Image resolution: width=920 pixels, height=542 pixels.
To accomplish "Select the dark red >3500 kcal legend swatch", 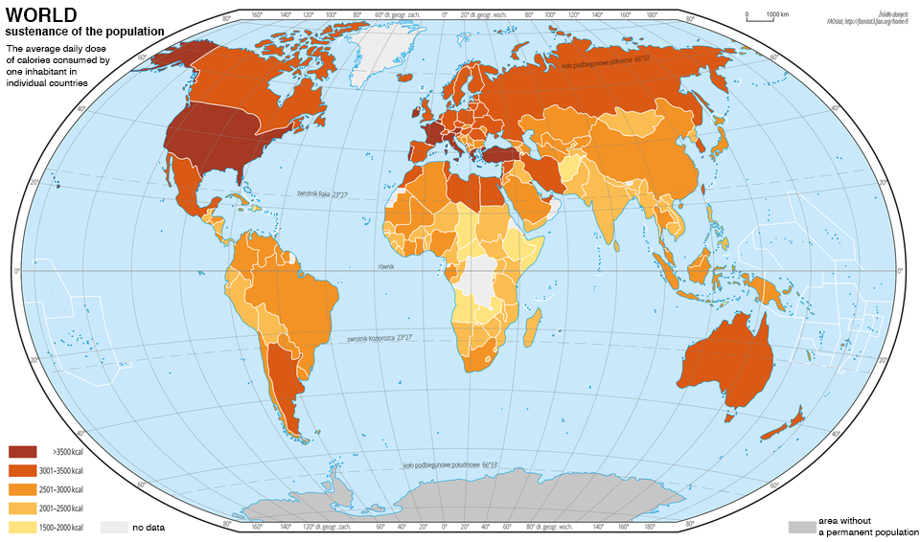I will [x=22, y=451].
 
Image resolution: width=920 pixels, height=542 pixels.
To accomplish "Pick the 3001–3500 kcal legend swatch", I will [x=22, y=470].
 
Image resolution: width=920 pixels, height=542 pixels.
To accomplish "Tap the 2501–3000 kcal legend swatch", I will [x=22, y=489].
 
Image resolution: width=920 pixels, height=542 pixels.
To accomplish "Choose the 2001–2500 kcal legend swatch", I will [x=22, y=508].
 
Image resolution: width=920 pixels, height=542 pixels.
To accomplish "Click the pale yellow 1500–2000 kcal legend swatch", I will [x=22, y=528].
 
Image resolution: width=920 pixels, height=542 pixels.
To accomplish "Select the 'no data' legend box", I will [x=114, y=528].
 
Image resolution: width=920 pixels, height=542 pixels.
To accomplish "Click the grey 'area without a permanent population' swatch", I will [x=801, y=528].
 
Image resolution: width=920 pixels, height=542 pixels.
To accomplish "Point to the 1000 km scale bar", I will [x=757, y=18].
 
